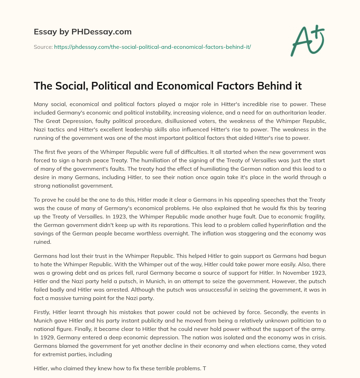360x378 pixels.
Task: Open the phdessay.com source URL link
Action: coord(152,47)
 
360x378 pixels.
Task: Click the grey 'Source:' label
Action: coord(43,47)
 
